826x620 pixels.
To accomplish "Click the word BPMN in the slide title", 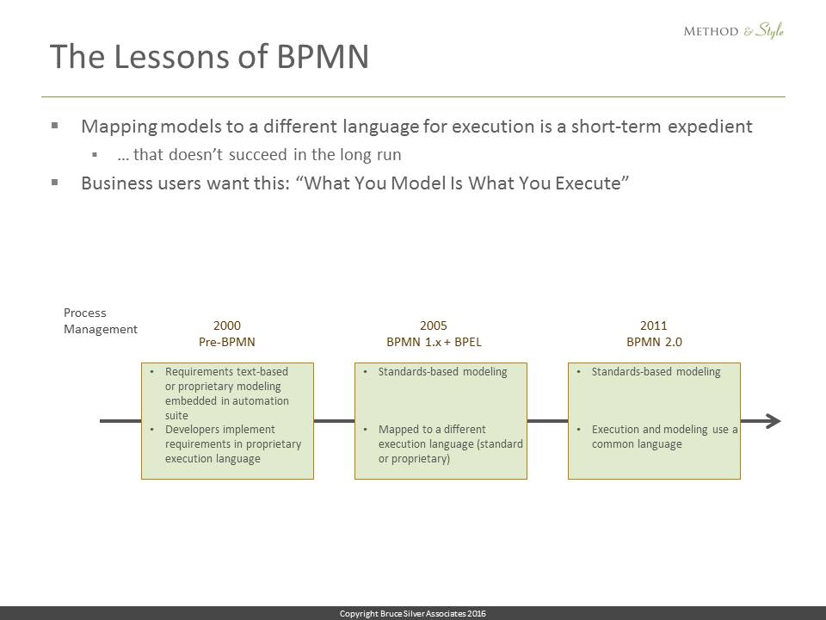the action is tap(323, 57).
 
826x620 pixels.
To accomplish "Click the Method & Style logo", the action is tap(733, 31).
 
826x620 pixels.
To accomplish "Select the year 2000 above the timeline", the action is tap(227, 325).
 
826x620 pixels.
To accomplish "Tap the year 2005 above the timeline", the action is tap(434, 325).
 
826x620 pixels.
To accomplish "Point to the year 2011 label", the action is tap(654, 325).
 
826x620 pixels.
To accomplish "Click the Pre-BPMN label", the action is tap(227, 342).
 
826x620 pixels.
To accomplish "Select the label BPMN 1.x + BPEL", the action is tap(434, 342).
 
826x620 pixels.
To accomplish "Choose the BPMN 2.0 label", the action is tap(654, 342).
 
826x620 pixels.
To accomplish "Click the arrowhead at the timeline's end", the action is tap(774, 421).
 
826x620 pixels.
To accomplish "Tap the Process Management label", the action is tap(100, 321).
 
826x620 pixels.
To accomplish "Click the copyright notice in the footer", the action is tap(412, 614).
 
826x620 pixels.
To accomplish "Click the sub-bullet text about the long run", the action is tap(259, 155).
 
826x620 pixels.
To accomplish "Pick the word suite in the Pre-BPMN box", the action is tap(176, 415).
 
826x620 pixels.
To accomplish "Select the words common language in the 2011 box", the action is tap(637, 444).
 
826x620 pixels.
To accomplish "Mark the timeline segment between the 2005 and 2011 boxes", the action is tap(547, 421).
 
